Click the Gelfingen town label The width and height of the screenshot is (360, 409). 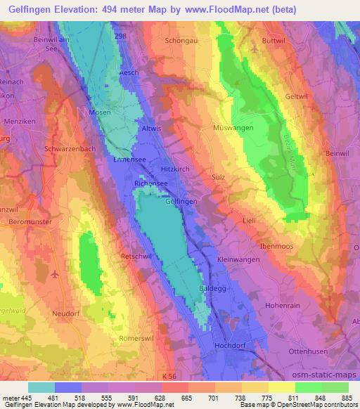[181, 201]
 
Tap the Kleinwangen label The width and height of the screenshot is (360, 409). [238, 259]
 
